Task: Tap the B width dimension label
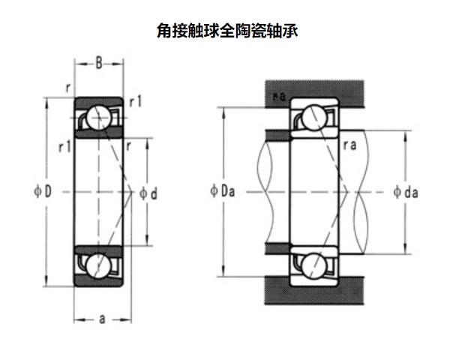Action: [98, 64]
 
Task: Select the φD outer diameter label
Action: [42, 192]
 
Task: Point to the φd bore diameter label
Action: [148, 193]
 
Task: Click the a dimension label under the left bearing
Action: [101, 319]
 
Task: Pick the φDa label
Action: [223, 191]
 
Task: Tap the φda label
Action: [406, 191]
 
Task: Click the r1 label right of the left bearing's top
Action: [136, 101]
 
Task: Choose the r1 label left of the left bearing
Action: [63, 146]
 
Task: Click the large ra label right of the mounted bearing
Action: [349, 146]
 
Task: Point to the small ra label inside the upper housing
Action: [279, 96]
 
